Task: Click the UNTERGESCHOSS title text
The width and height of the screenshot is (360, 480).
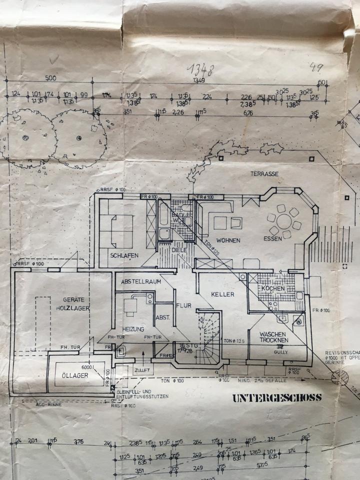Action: (x=277, y=398)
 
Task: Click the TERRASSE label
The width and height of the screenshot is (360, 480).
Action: (x=265, y=173)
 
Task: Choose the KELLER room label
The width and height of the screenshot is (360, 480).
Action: (x=222, y=294)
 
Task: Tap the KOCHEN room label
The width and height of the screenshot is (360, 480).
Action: (x=272, y=289)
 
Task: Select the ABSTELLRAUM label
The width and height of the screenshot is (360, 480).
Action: (x=140, y=282)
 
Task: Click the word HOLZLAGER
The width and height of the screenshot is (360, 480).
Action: (x=73, y=308)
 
